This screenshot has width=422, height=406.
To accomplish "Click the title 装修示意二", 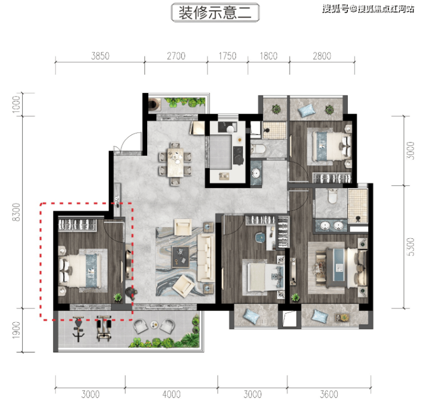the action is (x=215, y=13).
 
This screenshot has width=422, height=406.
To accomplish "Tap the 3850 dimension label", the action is (x=100, y=56).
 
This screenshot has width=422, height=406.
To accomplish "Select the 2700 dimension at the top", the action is (x=176, y=56).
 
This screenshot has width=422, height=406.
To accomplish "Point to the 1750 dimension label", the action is (x=228, y=56).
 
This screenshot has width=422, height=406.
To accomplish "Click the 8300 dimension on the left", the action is (x=16, y=212).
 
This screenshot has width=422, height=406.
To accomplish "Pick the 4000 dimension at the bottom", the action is (x=172, y=395).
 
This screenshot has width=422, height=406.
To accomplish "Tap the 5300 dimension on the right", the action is (x=411, y=247).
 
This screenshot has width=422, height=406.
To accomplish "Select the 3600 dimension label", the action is (x=329, y=395).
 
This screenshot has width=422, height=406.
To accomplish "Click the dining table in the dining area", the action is (x=176, y=163).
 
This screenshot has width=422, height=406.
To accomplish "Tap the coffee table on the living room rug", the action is (x=180, y=257).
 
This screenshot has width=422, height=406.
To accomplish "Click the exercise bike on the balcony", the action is (x=78, y=330).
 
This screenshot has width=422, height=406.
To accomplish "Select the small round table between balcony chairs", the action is (x=154, y=325).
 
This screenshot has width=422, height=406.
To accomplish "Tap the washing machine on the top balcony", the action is (x=155, y=104).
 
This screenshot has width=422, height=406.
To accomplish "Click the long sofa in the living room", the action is (x=206, y=258).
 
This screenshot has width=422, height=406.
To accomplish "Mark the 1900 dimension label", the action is (x=16, y=330).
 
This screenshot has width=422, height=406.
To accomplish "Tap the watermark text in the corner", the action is (x=368, y=10).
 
